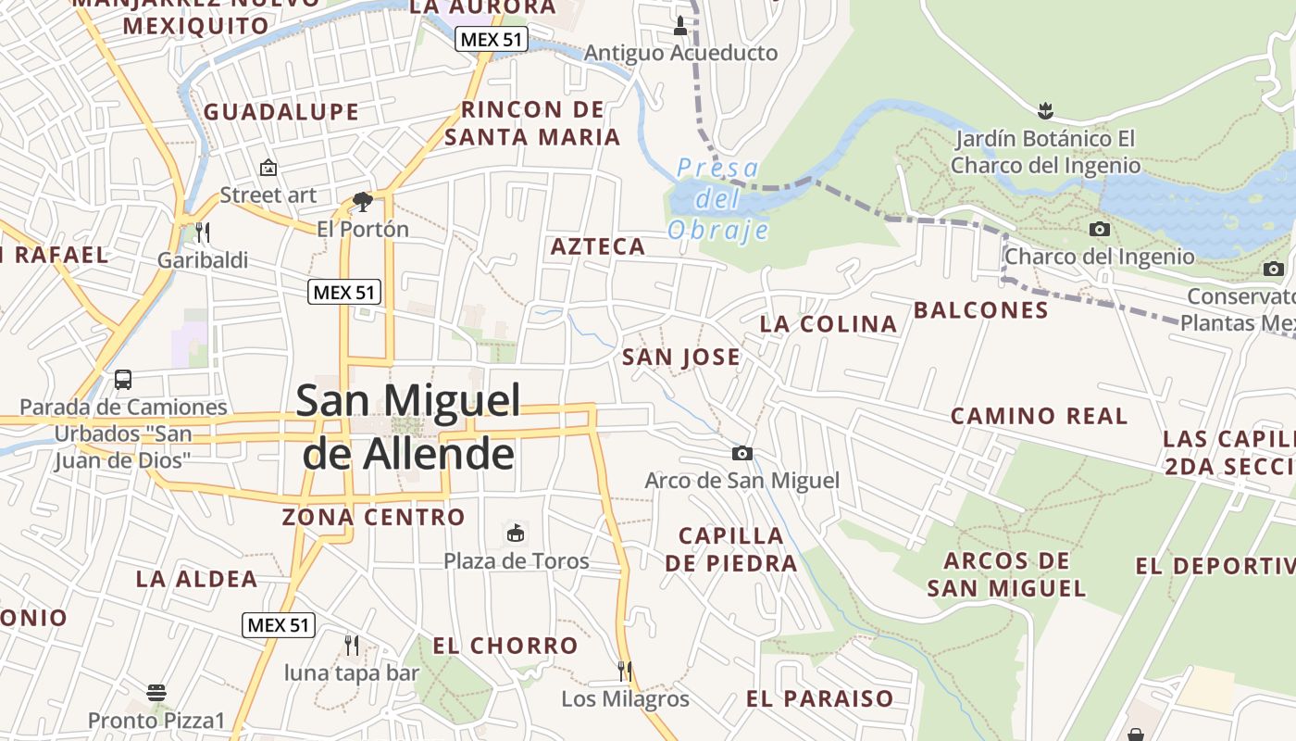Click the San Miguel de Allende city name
(x=408, y=427)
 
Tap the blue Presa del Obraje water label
(x=718, y=199)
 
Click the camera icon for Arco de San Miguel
(x=741, y=453)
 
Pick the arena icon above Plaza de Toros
(x=516, y=534)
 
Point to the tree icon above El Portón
(x=362, y=201)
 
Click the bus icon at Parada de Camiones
(x=123, y=380)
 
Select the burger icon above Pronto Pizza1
(x=156, y=693)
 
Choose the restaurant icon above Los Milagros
(x=625, y=671)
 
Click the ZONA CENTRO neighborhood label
(x=373, y=517)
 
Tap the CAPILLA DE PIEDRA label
(x=730, y=549)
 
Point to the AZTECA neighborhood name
(x=598, y=246)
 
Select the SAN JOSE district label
(x=681, y=357)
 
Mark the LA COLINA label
(x=829, y=324)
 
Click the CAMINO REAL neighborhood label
(x=1039, y=416)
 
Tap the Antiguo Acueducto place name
(x=680, y=53)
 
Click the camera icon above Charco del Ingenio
(x=1100, y=229)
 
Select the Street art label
(x=268, y=195)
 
